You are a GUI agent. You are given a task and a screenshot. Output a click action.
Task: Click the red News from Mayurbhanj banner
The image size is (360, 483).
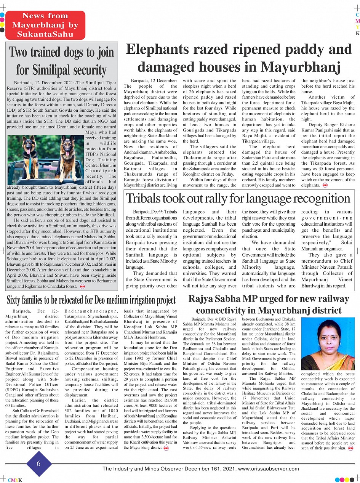tap(45, 25)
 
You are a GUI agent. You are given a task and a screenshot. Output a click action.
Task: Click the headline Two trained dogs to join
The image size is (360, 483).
tap(61, 52)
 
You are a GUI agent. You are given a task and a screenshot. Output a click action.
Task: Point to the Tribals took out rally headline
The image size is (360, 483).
tap(238, 198)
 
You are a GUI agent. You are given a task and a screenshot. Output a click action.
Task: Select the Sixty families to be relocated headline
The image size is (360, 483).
tap(91, 300)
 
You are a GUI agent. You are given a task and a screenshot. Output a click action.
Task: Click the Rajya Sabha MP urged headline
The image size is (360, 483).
tap(269, 304)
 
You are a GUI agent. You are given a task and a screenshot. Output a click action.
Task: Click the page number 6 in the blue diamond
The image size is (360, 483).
tap(38, 463)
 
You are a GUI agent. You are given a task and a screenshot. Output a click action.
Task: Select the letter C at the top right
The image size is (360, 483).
tap(357, 14)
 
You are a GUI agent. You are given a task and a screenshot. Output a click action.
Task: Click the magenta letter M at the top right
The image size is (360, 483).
tap(357, 21)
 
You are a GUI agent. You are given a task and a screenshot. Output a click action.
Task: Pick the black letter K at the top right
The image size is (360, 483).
tap(357, 33)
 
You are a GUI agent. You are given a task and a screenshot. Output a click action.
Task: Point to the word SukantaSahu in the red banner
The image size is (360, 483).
tap(45, 34)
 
